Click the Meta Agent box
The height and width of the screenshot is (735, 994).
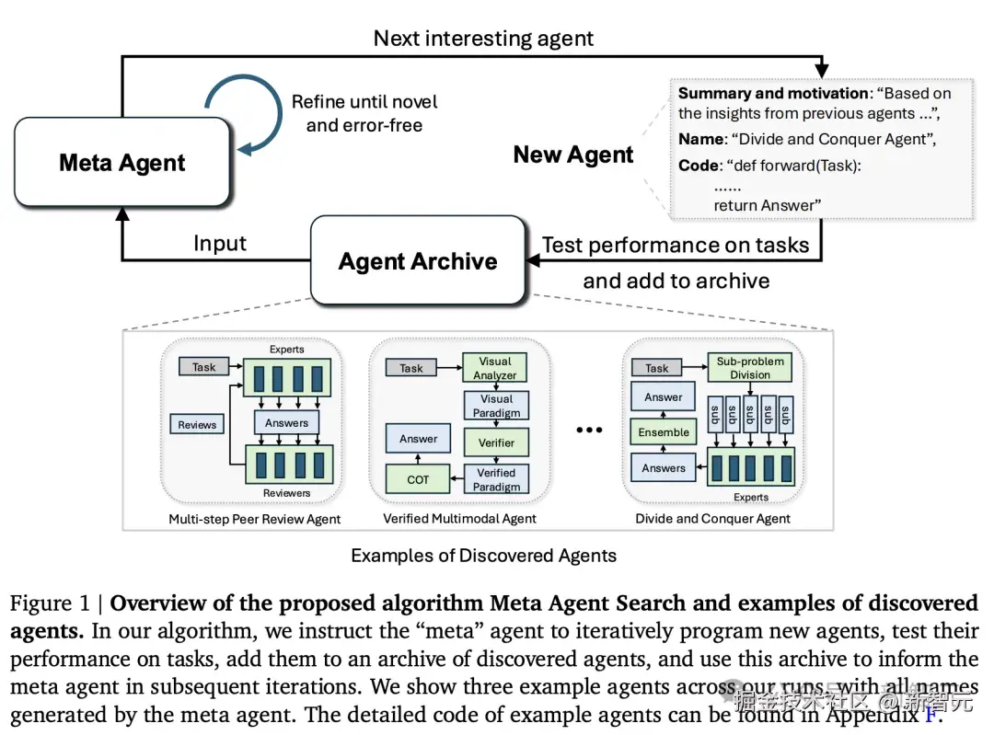coord(121,162)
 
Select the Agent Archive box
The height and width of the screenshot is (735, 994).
coord(417,261)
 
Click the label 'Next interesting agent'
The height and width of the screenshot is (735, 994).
coord(483,38)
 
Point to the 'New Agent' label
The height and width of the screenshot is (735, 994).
coord(572,155)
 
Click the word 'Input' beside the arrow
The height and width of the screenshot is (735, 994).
coord(220,244)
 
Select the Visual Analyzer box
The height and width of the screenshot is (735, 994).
coord(495,368)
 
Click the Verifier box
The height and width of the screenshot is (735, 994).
coord(496,442)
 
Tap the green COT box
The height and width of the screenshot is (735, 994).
coord(418,479)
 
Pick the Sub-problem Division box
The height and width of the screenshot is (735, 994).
coord(750,368)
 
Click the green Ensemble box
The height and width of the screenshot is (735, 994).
coord(664,432)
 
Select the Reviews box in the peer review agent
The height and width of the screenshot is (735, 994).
coord(197,425)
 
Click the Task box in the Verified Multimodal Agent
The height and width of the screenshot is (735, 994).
coord(411,368)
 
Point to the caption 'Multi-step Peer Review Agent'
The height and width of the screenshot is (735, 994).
coord(254,519)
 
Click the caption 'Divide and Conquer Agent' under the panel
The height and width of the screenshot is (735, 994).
coord(712,519)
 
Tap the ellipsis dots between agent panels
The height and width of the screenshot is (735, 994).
coord(588,430)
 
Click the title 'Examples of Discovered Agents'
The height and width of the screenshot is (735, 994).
coord(483,556)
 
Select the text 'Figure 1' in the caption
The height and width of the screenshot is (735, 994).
coord(53,604)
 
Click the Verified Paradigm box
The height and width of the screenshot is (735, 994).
coord(496,479)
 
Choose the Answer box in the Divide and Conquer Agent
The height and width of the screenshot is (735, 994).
coord(664,397)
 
